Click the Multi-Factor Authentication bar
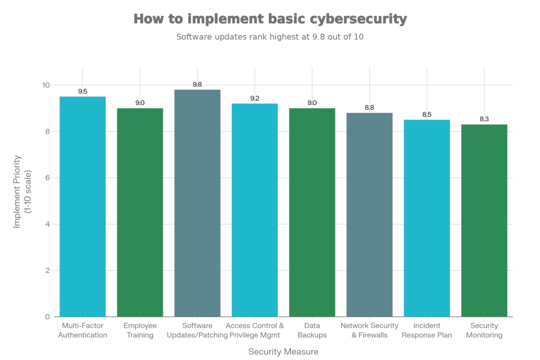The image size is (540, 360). (83, 206)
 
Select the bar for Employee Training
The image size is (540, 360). (140, 212)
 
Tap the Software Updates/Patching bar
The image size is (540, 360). (197, 203)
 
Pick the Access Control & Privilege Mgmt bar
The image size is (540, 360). (255, 210)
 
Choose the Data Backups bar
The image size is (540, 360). (312, 212)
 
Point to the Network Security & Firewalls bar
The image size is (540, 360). (370, 214)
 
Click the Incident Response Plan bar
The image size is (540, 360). (427, 218)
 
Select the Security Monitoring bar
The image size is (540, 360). (484, 220)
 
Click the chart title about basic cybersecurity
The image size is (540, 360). (270, 19)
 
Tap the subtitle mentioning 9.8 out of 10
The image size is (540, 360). (270, 37)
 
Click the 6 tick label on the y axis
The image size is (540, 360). (47, 178)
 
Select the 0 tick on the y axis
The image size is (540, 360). (47, 317)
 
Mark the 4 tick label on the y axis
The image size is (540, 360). (47, 224)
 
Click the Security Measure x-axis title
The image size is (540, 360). (283, 351)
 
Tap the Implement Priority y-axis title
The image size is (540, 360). (22, 191)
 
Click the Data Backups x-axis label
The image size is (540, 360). (312, 330)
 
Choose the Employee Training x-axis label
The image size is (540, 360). (140, 330)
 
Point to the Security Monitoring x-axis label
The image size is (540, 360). (484, 330)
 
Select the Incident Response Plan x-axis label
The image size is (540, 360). (427, 330)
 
